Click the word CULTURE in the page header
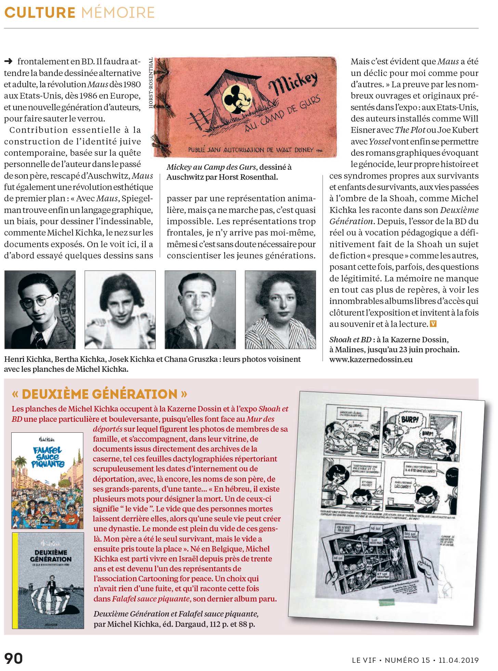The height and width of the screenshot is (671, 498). pyautogui.click(x=40, y=13)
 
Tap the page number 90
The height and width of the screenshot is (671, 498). pyautogui.click(x=14, y=658)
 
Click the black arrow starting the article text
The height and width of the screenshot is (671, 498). pyautogui.click(x=8, y=62)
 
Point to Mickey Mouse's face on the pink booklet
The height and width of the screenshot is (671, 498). pyautogui.click(x=236, y=99)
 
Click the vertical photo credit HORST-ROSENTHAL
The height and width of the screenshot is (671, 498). pyautogui.click(x=151, y=83)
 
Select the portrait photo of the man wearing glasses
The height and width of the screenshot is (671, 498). pyautogui.click(x=40, y=309)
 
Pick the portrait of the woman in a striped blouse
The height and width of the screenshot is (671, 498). pyautogui.click(x=280, y=309)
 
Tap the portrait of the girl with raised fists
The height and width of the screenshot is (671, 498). pyautogui.click(x=120, y=309)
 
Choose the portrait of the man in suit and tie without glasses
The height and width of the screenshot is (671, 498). pyautogui.click(x=200, y=309)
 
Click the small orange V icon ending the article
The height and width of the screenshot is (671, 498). pyautogui.click(x=433, y=324)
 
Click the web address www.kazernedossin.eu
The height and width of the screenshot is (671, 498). pyautogui.click(x=371, y=359)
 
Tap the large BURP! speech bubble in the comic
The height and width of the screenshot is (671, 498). pyautogui.click(x=409, y=419)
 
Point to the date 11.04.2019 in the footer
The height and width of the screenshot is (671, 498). pyautogui.click(x=458, y=660)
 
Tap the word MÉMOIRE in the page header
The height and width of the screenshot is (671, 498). pyautogui.click(x=118, y=13)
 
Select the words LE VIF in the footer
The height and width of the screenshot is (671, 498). pyautogui.click(x=364, y=660)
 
